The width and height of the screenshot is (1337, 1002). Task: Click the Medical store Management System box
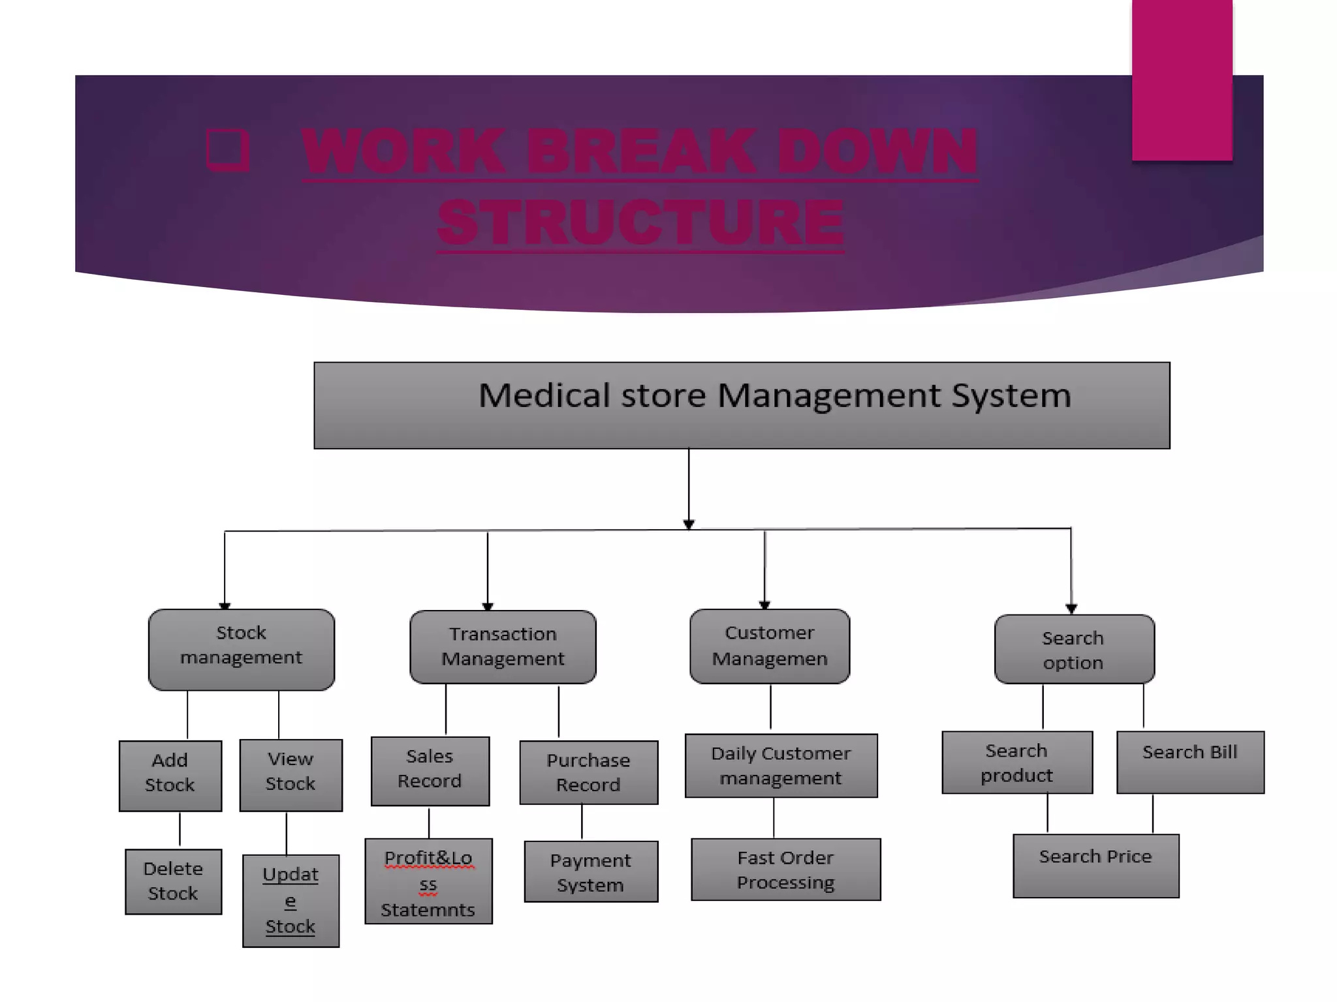pos(742,405)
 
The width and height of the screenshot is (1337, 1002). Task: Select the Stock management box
pos(241,649)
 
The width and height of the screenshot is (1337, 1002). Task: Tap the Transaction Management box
pos(503,646)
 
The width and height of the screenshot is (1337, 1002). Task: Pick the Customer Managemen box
pos(769,646)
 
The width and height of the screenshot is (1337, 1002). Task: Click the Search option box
pos(1074,649)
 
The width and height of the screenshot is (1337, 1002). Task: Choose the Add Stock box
pos(170,775)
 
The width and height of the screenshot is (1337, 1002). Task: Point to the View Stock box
pos(291,774)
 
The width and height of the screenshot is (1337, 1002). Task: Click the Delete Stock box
pos(173,881)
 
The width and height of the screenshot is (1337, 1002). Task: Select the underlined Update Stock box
pos(291,900)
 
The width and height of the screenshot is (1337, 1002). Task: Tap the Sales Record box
pos(430,770)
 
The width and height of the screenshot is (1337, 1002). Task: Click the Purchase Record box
pos(588,772)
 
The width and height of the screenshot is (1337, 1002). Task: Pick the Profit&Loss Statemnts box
pos(428,881)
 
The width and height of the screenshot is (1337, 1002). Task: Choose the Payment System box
pos(591,872)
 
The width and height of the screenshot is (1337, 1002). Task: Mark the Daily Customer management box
pos(781,765)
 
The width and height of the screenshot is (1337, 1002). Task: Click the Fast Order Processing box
pos(785,870)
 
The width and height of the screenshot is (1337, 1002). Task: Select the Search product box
pos(1016,762)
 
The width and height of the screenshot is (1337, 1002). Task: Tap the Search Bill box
pos(1189,761)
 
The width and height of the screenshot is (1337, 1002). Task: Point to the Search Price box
pos(1095,866)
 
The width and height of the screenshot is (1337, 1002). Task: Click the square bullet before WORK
pos(227,150)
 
